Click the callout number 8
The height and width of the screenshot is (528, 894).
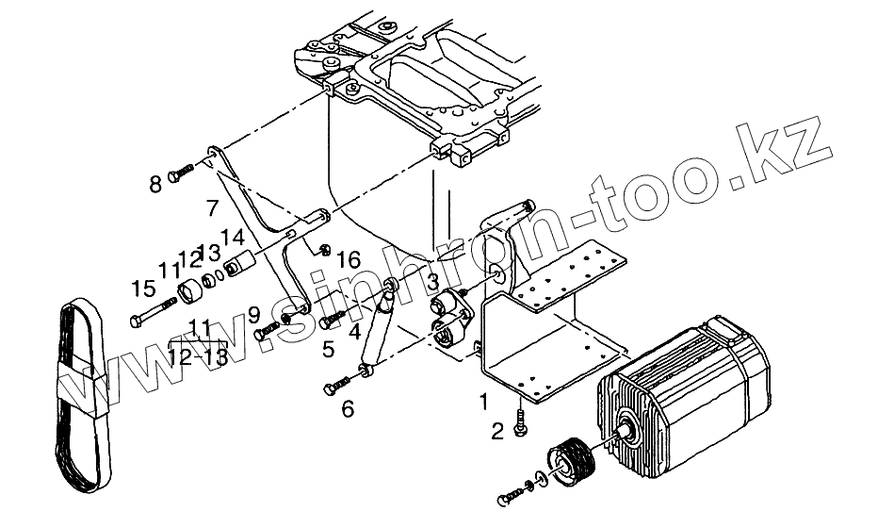pos(156,184)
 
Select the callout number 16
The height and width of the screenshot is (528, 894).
pos(349,257)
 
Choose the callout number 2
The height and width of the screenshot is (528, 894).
pos(496,433)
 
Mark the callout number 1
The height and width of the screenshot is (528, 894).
pos(484,402)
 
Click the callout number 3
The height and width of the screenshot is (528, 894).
pos(431,281)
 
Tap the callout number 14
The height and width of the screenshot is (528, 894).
pos(232,238)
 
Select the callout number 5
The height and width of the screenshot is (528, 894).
pos(328,350)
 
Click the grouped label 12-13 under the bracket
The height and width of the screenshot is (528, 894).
pos(199,356)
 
